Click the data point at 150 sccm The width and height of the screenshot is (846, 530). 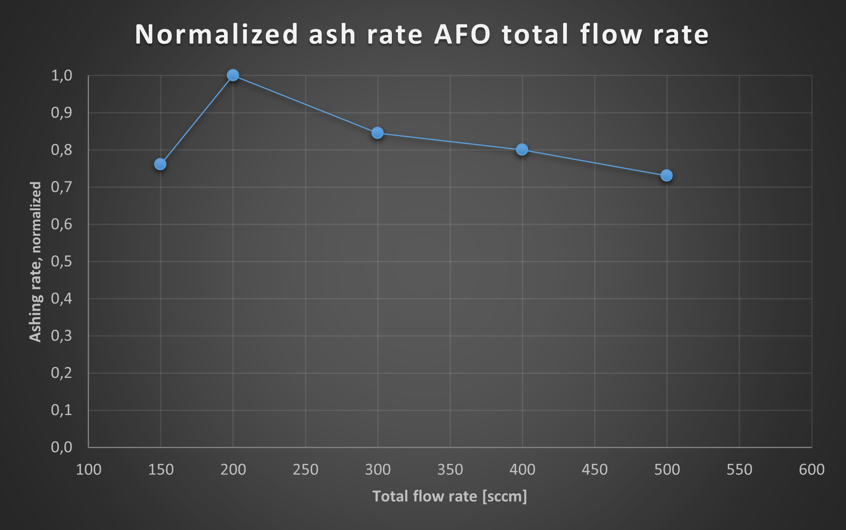[160, 164]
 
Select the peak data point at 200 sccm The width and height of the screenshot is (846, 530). [233, 75]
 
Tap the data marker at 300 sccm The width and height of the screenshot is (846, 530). [377, 133]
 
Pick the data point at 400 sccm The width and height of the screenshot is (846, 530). [522, 150]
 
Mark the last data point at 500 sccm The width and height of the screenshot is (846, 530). [666, 176]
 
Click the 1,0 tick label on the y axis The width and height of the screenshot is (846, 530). [62, 76]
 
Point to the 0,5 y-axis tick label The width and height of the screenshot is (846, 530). [62, 262]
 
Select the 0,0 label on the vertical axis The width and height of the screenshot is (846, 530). [62, 447]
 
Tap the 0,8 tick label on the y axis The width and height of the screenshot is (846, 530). [62, 150]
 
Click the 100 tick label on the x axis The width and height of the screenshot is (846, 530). [89, 470]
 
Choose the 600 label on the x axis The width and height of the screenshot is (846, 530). [811, 470]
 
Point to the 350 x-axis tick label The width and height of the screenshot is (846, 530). [450, 470]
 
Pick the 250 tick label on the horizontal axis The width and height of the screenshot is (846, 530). [305, 470]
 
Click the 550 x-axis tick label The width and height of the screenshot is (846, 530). [739, 470]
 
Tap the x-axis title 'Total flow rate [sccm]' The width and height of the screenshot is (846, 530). [450, 497]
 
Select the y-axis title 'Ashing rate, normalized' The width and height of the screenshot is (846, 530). [36, 262]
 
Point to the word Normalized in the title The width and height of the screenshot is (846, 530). [216, 34]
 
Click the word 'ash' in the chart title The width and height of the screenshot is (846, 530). [332, 34]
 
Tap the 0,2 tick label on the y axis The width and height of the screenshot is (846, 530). [62, 373]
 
